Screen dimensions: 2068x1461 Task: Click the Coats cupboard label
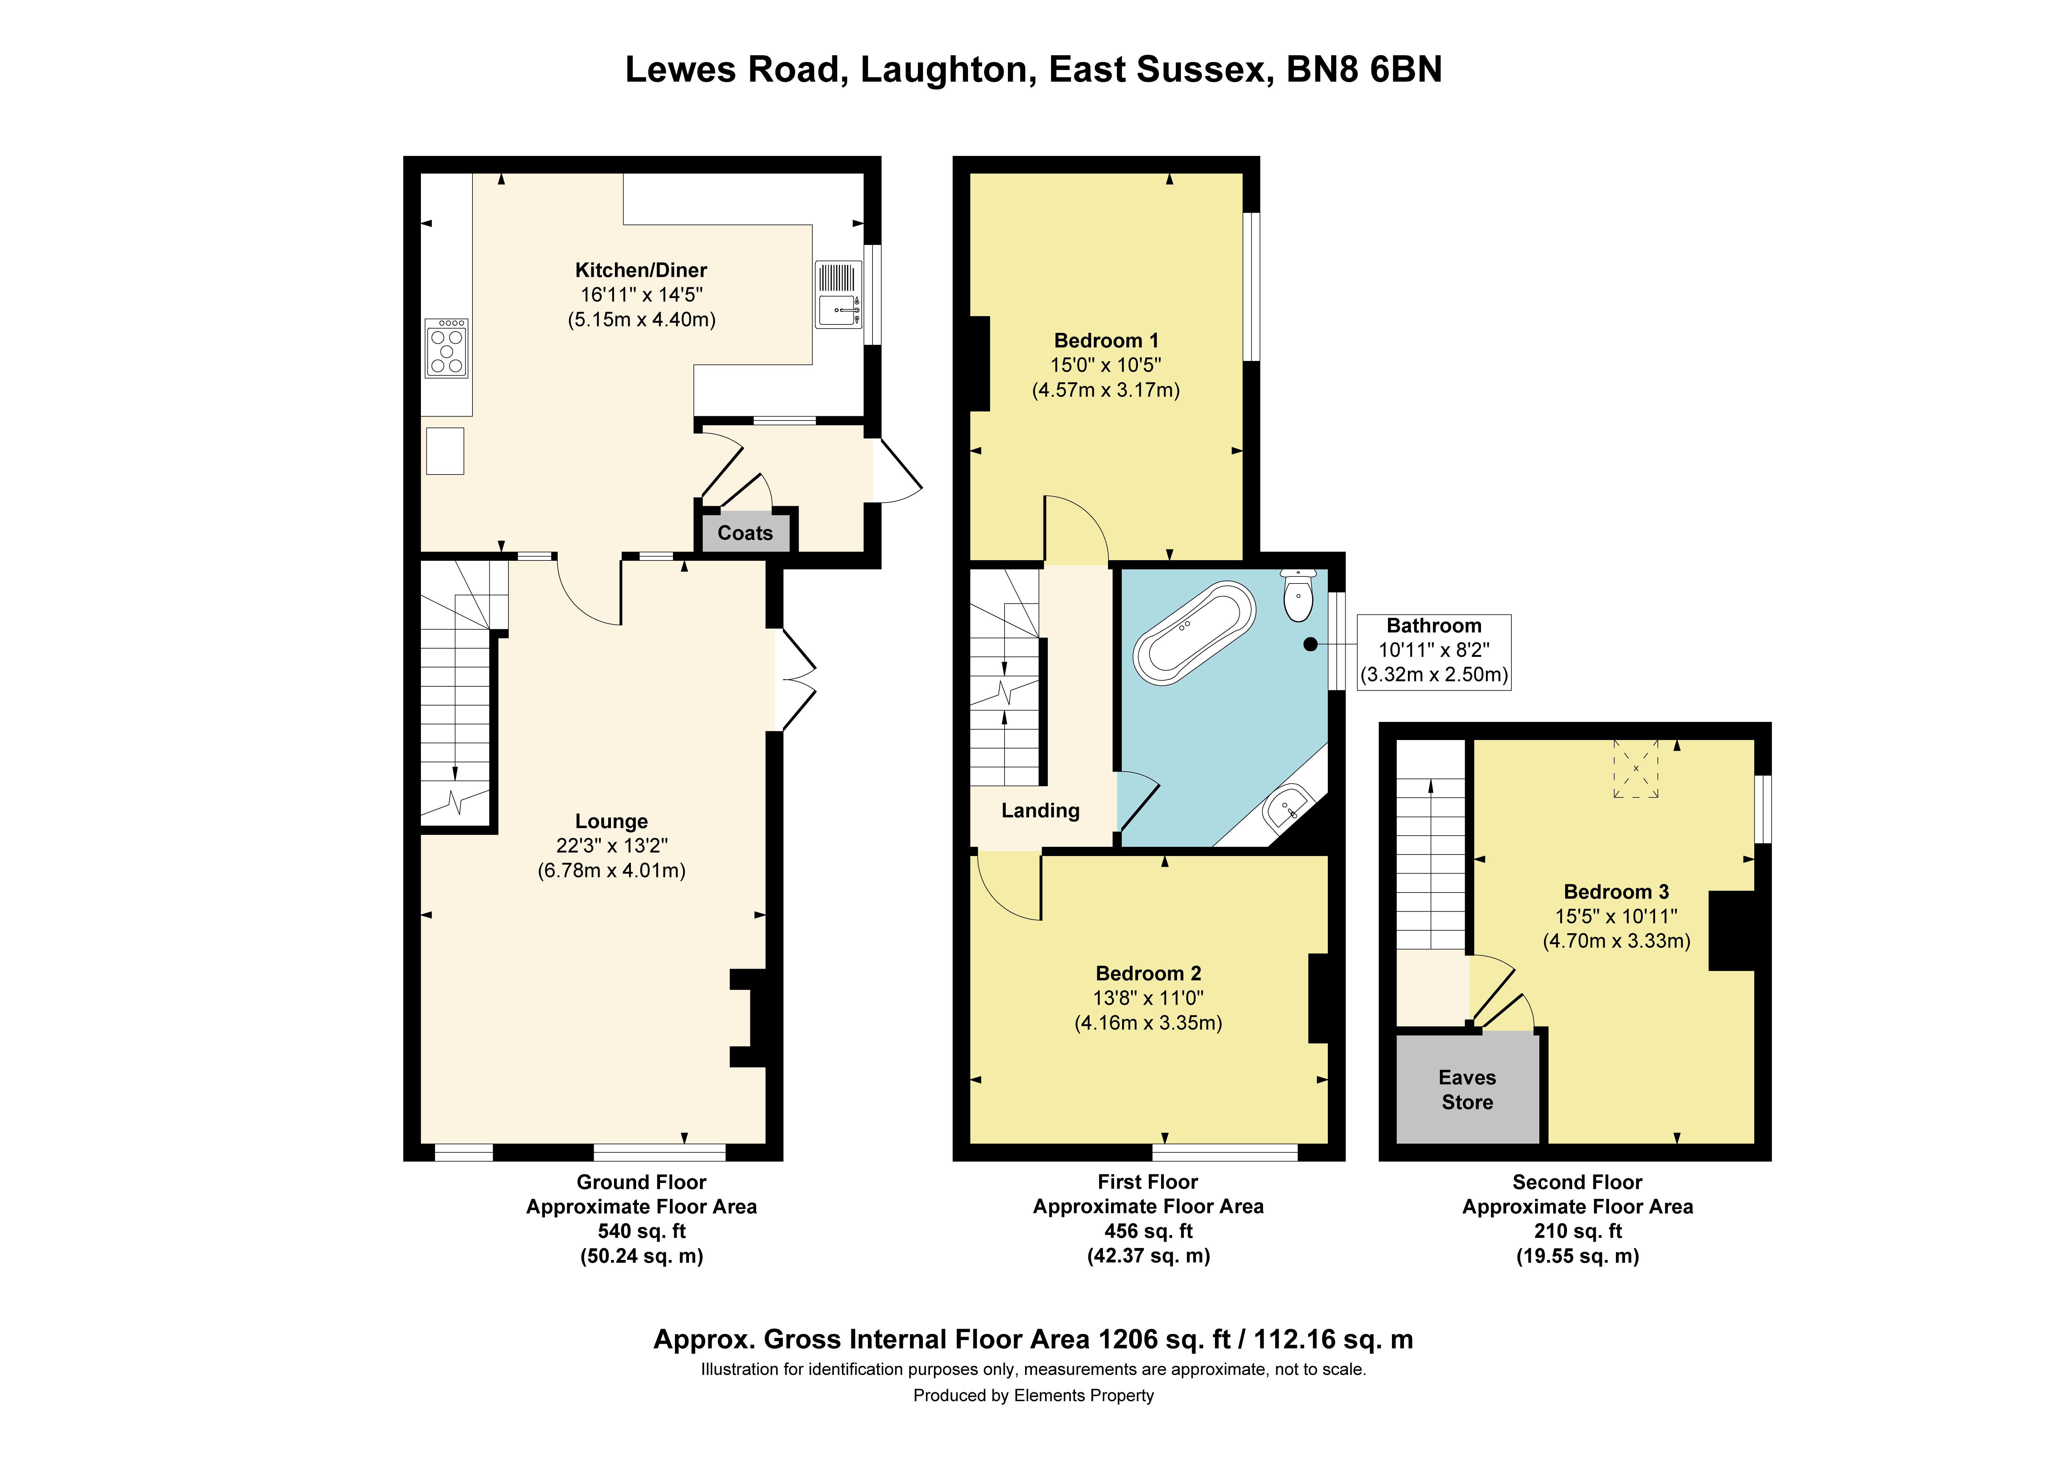pyautogui.click(x=745, y=533)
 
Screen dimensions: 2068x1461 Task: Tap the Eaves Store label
pyautogui.click(x=1467, y=1090)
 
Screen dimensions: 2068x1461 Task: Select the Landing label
pyautogui.click(x=1040, y=811)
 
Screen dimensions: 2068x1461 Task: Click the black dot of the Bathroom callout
pyautogui.click(x=1311, y=644)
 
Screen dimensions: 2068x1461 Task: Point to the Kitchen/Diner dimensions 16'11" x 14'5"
pyautogui.click(x=641, y=295)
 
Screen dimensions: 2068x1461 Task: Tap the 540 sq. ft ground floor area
pyautogui.click(x=641, y=1231)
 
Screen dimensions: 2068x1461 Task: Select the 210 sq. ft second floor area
pyautogui.click(x=1578, y=1231)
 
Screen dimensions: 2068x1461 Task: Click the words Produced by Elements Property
pyautogui.click(x=1033, y=1395)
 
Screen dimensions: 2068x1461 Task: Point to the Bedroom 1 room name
pyautogui.click(x=1106, y=340)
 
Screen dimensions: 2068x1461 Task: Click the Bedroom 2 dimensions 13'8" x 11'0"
pyautogui.click(x=1149, y=998)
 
